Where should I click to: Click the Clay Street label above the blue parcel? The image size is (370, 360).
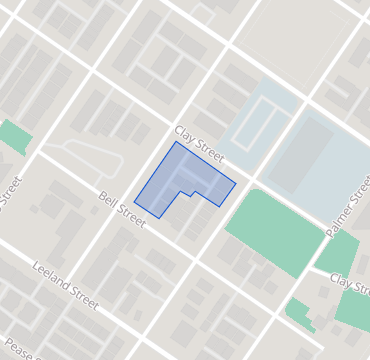tap(198, 141)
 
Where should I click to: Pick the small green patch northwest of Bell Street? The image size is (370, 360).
tap(14, 137)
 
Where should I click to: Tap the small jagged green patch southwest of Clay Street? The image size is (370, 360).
tap(299, 314)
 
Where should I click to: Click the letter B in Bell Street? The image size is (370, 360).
tap(103, 197)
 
